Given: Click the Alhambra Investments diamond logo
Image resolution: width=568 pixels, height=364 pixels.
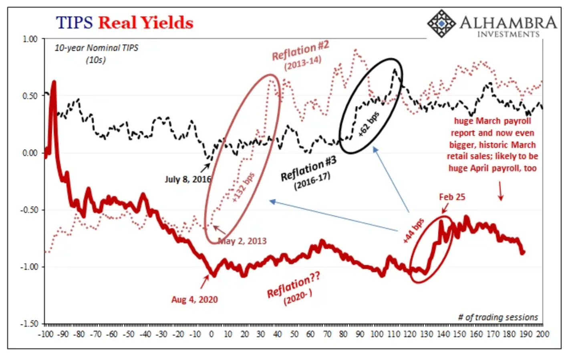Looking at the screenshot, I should tap(441, 23).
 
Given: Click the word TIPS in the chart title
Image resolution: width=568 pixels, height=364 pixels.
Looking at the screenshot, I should tap(75, 23).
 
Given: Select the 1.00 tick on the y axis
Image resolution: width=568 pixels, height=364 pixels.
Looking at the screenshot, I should tap(30, 39).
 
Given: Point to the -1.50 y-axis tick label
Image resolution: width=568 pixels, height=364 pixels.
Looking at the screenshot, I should tap(29, 324).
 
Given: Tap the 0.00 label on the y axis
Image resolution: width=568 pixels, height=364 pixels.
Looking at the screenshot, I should tap(30, 153).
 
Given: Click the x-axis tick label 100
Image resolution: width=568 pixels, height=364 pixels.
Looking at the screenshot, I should tap(376, 334).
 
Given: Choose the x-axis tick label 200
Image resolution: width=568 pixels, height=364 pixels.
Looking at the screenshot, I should tap(542, 334).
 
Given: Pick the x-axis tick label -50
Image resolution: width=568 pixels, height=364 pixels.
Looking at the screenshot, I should tap(128, 334).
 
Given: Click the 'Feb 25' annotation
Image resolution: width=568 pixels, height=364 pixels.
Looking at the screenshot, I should tap(452, 197).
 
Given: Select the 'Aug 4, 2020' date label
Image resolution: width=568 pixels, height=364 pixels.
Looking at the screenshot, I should tap(194, 299).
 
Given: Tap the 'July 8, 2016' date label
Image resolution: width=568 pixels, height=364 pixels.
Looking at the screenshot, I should tap(187, 179).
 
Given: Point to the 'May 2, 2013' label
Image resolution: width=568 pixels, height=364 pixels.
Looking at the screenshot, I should tap(242, 241).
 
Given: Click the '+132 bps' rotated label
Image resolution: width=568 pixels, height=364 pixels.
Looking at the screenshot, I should tap(243, 187).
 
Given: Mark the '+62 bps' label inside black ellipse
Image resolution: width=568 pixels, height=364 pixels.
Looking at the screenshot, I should tap(368, 124).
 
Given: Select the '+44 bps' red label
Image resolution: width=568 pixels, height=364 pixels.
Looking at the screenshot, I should tap(413, 231).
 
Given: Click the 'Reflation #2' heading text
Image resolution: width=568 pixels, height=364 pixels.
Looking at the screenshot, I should tap(300, 50).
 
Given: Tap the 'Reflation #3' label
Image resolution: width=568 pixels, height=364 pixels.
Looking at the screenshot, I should tap(308, 169).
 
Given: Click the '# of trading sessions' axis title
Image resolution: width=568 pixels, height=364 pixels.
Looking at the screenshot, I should tap(498, 317).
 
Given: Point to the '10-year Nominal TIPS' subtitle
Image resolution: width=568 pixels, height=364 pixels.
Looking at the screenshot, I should tap(96, 48).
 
